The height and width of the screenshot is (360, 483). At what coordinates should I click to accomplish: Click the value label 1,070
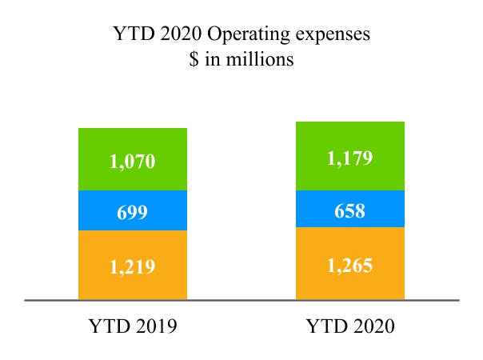(132, 161)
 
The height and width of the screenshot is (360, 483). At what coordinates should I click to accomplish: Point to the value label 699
(132, 212)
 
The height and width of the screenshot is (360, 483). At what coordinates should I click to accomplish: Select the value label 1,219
(132, 267)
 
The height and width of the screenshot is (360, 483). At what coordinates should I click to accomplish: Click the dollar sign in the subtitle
(194, 60)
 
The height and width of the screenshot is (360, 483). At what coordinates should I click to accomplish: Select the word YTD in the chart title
(131, 35)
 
